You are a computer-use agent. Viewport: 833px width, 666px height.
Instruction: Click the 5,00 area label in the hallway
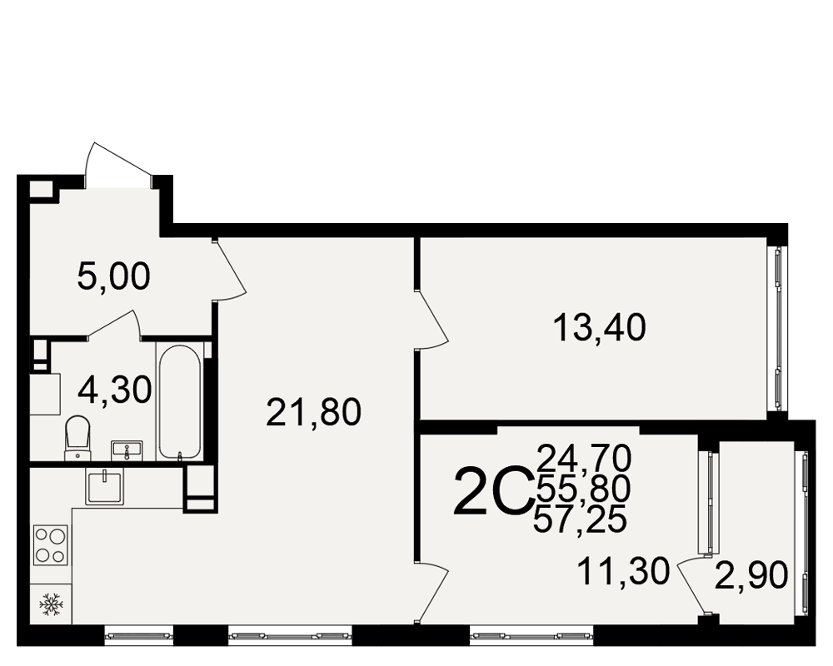click(x=113, y=276)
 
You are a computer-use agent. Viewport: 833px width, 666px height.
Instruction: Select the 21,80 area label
click(x=313, y=413)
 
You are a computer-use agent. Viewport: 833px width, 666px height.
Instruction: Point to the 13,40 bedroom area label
click(x=599, y=327)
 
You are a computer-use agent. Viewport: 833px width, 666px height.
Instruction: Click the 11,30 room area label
click(x=623, y=571)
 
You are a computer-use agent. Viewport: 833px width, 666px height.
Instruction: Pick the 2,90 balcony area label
click(x=751, y=576)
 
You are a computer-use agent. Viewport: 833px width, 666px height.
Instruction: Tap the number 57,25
click(x=580, y=519)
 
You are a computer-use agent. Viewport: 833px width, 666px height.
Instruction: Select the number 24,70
click(x=584, y=458)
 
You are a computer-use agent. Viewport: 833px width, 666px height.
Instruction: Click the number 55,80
click(x=583, y=489)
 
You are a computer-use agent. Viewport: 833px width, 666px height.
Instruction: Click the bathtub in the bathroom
click(x=180, y=401)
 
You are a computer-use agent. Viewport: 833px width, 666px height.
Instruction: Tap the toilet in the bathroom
click(x=77, y=438)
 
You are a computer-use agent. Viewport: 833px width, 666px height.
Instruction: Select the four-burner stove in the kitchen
click(x=51, y=544)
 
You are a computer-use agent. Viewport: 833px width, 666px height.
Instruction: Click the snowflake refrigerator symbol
click(x=51, y=604)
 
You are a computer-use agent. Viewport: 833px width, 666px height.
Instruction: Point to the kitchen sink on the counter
click(x=105, y=486)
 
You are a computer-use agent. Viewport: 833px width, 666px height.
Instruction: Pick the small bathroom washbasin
click(x=127, y=450)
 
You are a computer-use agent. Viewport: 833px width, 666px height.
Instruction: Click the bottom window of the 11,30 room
click(x=531, y=635)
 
